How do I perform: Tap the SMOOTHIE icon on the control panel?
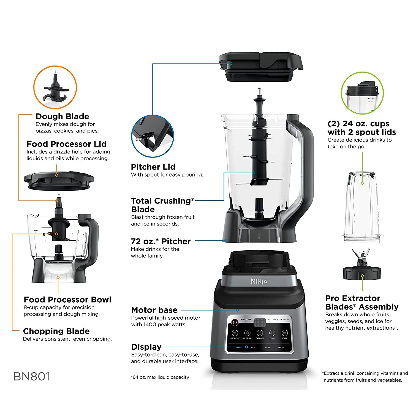point(235,333)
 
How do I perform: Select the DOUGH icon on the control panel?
point(285,333)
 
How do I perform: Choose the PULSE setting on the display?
point(281,348)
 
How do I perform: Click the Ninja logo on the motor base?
point(259,282)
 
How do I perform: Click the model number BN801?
point(31,376)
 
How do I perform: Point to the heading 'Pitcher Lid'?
point(153,167)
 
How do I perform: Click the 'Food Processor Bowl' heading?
point(67,300)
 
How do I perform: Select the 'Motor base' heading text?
point(154,310)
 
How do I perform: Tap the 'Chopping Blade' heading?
point(56,331)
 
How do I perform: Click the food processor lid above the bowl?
point(59,181)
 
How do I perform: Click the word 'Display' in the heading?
point(146,347)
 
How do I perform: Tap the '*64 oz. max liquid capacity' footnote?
point(160,377)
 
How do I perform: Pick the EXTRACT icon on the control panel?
point(260,333)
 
